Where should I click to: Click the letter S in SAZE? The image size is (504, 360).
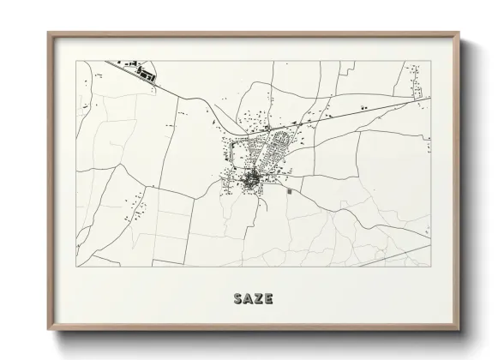(237, 299)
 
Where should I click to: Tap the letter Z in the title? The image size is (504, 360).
(258, 299)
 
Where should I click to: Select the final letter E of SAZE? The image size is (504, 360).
(268, 299)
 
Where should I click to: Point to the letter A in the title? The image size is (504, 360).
(248, 299)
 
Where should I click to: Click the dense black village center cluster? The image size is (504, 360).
(251, 179)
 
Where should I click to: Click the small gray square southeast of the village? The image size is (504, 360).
(289, 192)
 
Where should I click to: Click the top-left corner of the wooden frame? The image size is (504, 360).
(49, 33)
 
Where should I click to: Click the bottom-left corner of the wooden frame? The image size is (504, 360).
(49, 330)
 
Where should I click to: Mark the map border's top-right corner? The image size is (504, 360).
(430, 62)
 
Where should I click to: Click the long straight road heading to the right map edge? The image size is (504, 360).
(369, 111)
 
